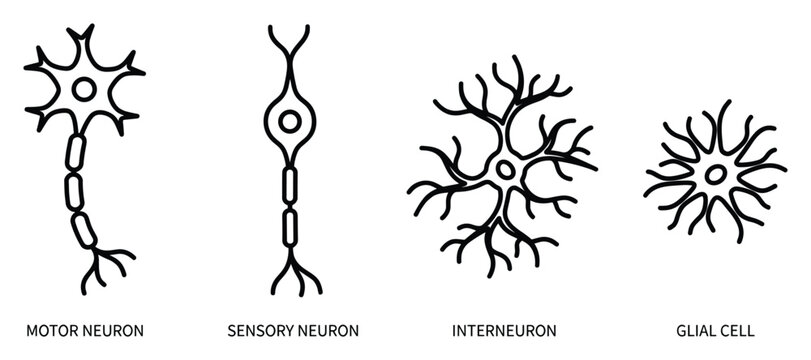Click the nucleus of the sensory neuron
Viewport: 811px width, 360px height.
[x=290, y=122]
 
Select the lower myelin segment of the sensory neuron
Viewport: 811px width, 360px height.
[x=290, y=220]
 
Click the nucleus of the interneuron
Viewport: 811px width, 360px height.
[x=506, y=169]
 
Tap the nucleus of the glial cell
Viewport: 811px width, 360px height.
[x=716, y=174]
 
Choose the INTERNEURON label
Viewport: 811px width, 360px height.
[x=506, y=329]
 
